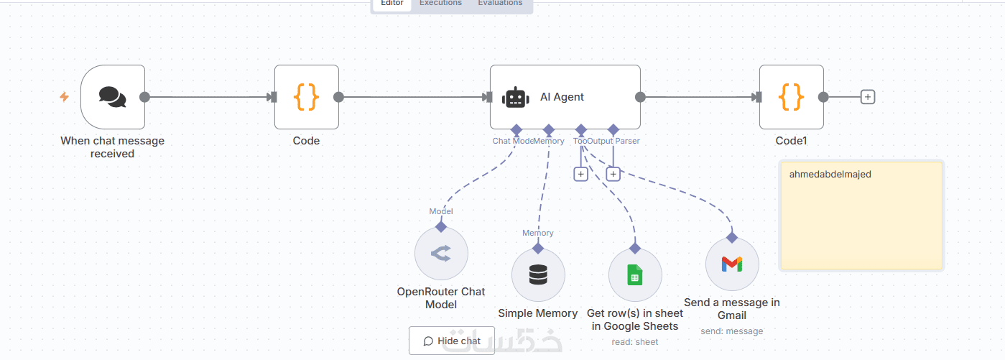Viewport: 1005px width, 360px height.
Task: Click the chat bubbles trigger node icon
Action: tap(112, 97)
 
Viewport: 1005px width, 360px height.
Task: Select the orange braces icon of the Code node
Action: tap(306, 97)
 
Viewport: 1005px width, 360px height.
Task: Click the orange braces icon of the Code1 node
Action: tap(791, 97)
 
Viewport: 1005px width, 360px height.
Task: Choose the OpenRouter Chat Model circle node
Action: tap(441, 254)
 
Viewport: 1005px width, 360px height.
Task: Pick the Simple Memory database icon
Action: tap(538, 275)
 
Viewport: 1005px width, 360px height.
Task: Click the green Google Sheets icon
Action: tap(634, 275)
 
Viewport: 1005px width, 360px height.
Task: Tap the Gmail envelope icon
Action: tap(731, 264)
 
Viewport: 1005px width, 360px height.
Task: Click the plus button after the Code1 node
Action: tap(868, 97)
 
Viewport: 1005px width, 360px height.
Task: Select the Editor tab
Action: tap(392, 4)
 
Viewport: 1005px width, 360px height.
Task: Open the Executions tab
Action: tap(440, 4)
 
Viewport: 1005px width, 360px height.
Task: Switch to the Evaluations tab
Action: tap(500, 4)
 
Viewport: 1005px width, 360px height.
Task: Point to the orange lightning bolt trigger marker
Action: tap(64, 97)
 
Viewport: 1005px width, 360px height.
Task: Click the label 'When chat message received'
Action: tap(112, 147)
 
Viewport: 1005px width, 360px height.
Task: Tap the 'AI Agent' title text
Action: tap(562, 97)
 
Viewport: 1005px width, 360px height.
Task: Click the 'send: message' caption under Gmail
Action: tap(731, 331)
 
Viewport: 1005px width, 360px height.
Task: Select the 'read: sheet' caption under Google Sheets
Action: tap(634, 342)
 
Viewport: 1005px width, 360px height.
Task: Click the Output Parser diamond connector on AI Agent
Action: tap(613, 130)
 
